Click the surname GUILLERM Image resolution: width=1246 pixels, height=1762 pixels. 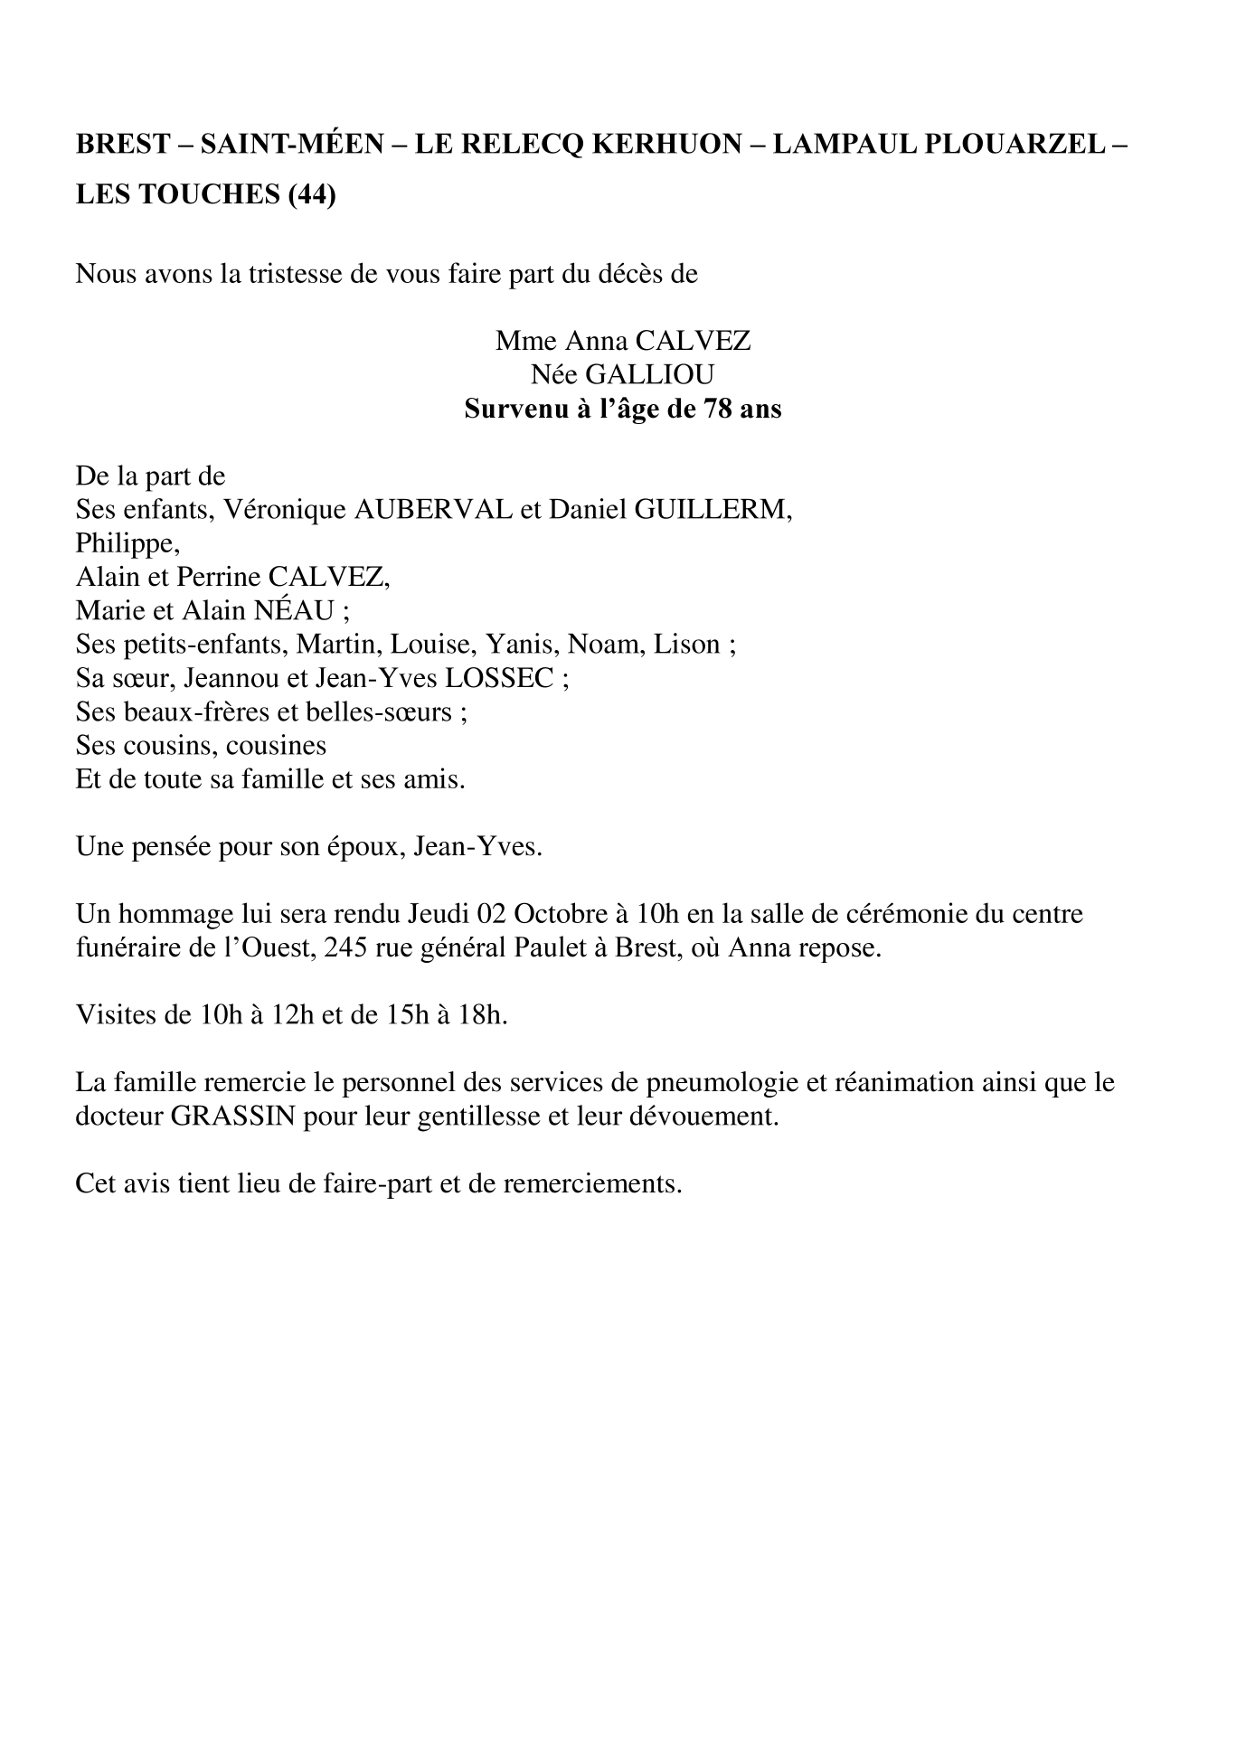tap(713, 509)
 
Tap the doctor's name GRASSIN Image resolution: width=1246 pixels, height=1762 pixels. tap(232, 1116)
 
